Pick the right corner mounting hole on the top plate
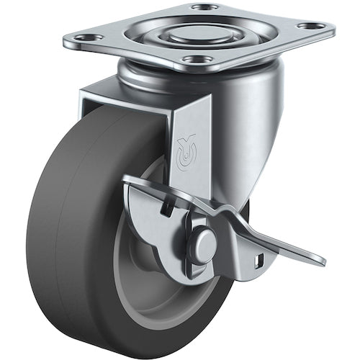click(312, 27)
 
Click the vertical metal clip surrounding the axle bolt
click(189, 248)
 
